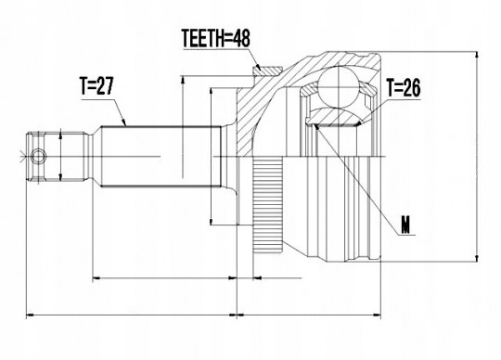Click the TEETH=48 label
click(x=215, y=38)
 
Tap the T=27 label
click(x=96, y=86)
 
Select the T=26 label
click(x=404, y=87)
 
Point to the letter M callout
click(x=405, y=225)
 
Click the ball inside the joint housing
click(x=338, y=85)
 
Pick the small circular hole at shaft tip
click(x=38, y=157)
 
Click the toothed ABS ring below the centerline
click(x=268, y=205)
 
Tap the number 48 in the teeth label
click(x=241, y=38)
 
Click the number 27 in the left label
click(x=105, y=86)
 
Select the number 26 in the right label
click(x=412, y=87)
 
